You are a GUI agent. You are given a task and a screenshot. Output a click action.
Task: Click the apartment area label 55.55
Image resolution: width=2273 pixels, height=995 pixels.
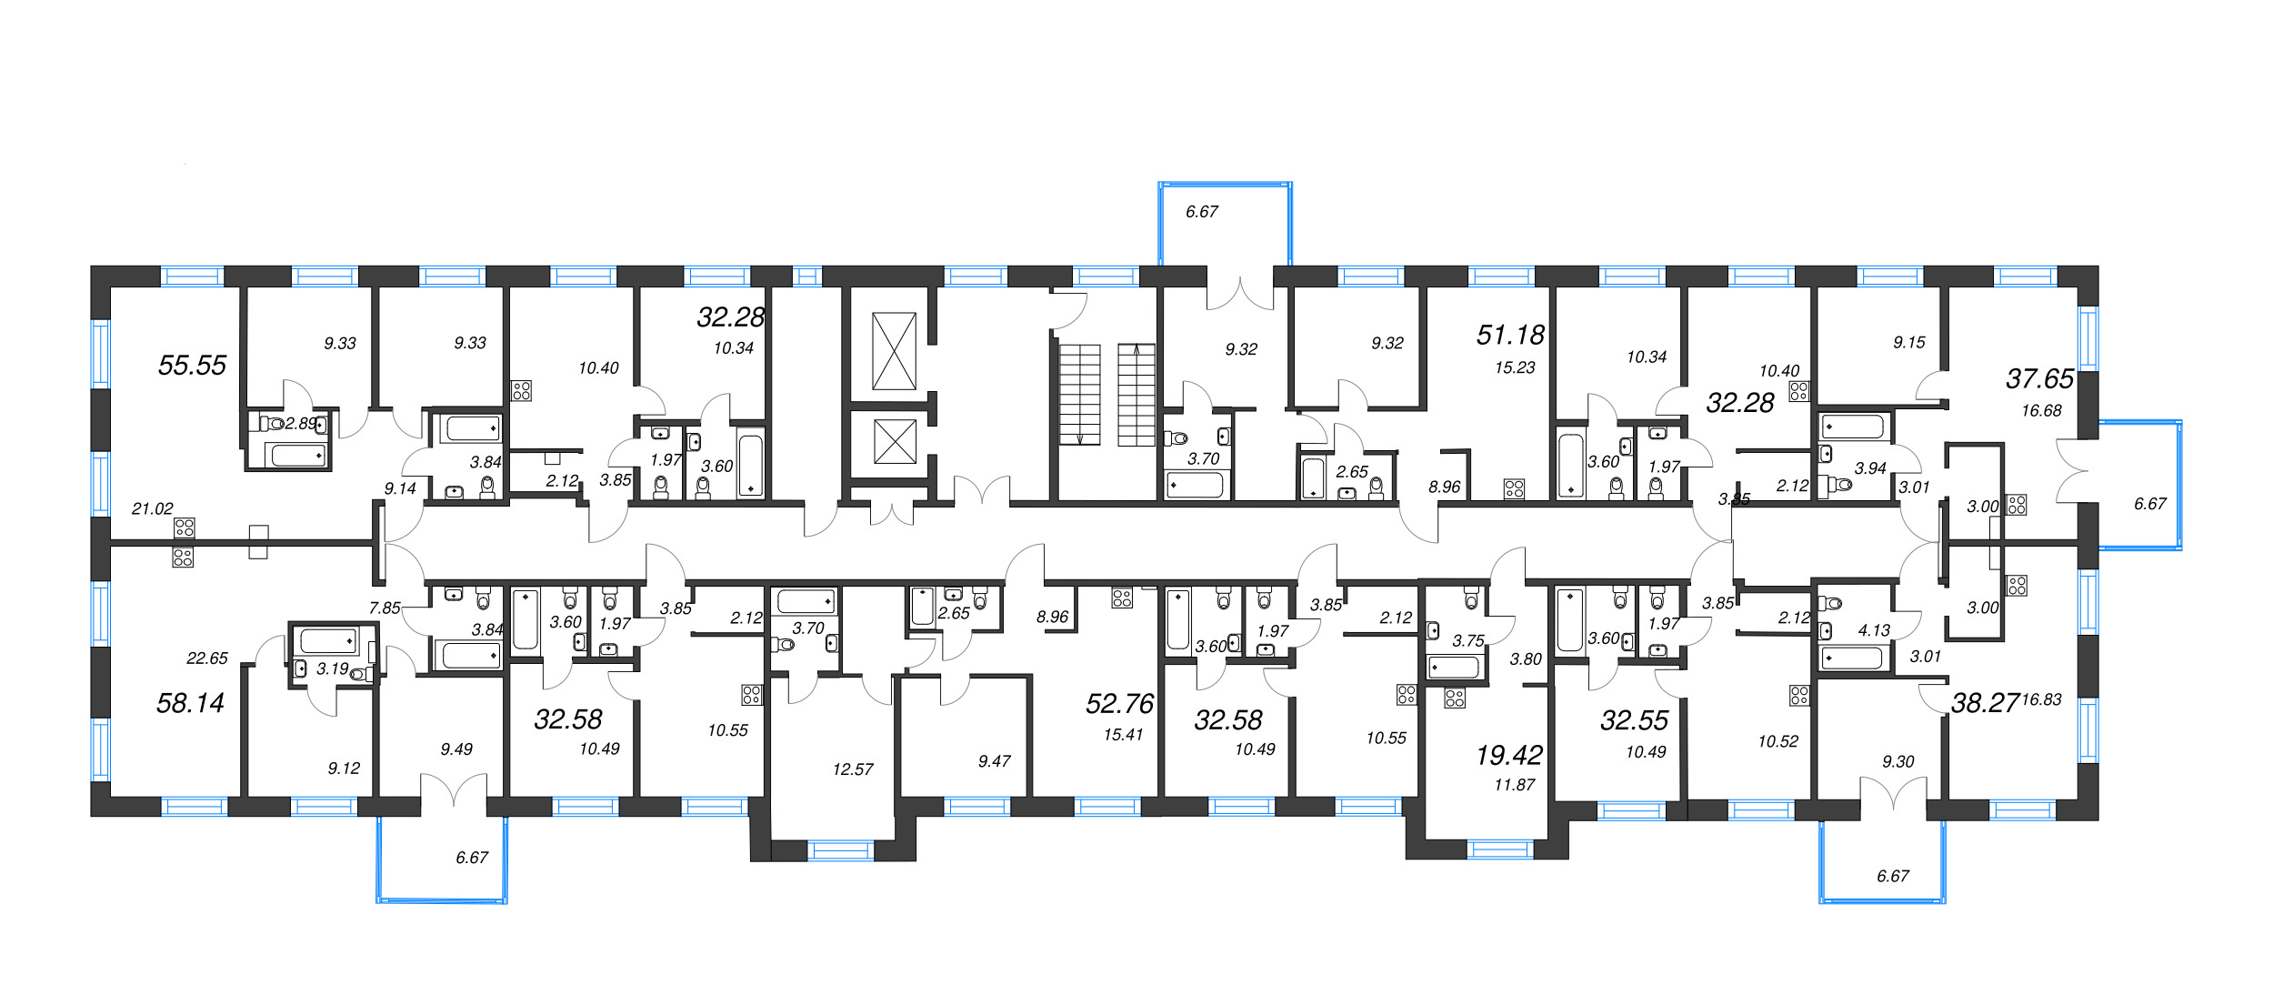tap(192, 366)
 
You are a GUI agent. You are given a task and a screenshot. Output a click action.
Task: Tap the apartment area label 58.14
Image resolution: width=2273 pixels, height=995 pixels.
tap(190, 703)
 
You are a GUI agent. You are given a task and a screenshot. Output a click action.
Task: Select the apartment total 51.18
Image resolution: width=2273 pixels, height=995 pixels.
tap(1510, 336)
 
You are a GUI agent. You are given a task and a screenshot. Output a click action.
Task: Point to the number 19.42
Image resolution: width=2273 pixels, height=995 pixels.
tap(1509, 755)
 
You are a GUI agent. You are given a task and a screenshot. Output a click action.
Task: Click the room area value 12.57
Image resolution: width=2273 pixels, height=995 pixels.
tap(853, 769)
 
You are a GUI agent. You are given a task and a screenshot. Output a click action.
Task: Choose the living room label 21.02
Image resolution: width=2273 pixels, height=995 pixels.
tap(152, 509)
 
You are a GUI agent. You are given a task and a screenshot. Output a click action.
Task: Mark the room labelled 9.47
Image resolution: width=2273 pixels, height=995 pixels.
tap(994, 761)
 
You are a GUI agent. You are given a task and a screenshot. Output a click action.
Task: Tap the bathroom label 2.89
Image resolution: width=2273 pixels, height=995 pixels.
tap(301, 424)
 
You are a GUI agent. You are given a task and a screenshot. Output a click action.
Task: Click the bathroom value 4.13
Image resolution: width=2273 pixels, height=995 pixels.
tap(1874, 630)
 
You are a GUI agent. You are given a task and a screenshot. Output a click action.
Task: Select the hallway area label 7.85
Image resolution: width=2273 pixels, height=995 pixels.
tap(385, 608)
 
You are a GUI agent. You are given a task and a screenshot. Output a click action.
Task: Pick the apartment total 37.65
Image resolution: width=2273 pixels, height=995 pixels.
tap(2040, 379)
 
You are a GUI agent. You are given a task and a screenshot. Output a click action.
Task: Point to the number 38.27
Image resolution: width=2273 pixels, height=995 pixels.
tap(1986, 703)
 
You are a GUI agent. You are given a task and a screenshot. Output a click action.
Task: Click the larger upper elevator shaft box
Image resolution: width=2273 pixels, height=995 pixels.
tap(894, 351)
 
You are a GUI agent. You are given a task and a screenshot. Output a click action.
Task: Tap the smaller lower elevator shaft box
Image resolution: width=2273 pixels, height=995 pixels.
tap(895, 441)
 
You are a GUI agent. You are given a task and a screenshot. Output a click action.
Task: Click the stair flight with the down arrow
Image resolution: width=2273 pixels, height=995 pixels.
tap(1079, 395)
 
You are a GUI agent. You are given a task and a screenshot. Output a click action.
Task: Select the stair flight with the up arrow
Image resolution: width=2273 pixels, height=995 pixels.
tap(1136, 395)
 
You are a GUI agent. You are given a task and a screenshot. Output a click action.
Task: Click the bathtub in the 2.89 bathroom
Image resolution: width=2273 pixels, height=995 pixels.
tap(298, 456)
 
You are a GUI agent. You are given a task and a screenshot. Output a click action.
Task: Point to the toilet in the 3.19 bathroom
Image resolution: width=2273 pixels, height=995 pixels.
tap(362, 674)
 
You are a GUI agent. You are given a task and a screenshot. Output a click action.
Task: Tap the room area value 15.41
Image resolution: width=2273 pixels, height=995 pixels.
tap(1123, 735)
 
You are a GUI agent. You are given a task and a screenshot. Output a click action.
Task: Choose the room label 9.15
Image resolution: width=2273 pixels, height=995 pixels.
tap(1909, 343)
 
